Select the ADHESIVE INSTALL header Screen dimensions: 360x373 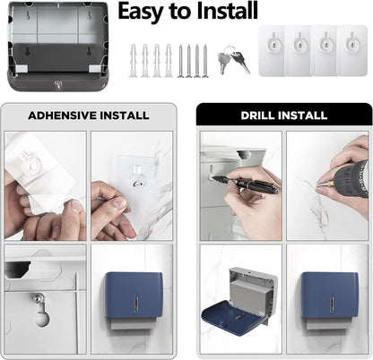[88, 115]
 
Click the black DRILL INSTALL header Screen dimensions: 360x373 [283, 115]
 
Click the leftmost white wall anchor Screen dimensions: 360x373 [133, 61]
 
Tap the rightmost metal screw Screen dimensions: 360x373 [205, 60]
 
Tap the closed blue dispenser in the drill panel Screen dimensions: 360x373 [328, 296]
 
